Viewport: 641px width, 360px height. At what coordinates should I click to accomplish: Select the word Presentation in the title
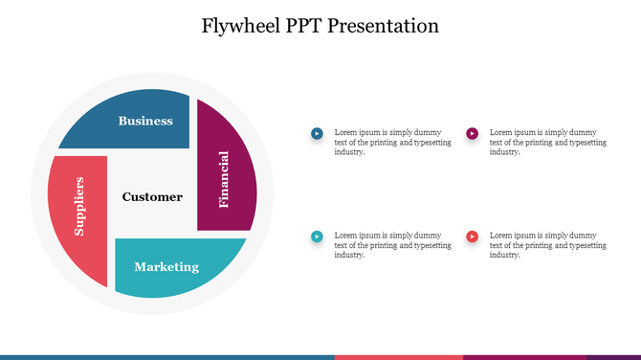click(x=384, y=26)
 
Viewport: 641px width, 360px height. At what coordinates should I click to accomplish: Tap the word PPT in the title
click(x=304, y=26)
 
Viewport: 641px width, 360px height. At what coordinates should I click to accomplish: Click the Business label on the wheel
click(x=145, y=121)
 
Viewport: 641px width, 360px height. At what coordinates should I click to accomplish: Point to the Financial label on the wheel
click(x=224, y=179)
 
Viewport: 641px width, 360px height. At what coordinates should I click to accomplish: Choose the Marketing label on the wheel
click(x=166, y=267)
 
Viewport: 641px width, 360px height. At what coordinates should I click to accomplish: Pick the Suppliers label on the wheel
click(x=80, y=206)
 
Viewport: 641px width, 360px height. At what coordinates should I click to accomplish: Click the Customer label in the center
click(x=152, y=197)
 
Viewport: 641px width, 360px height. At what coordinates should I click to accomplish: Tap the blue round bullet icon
click(x=317, y=133)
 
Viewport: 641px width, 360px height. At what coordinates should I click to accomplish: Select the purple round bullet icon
click(x=472, y=133)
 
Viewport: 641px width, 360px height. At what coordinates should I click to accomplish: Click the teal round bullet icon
click(x=317, y=236)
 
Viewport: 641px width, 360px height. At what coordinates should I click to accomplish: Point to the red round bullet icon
click(x=472, y=236)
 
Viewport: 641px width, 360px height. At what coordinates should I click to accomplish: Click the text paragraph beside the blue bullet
click(x=390, y=142)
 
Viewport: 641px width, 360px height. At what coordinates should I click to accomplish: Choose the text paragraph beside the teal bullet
click(x=390, y=245)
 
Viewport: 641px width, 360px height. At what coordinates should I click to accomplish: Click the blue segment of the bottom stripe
click(x=167, y=357)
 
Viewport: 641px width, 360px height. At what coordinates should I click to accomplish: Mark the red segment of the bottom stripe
click(x=398, y=357)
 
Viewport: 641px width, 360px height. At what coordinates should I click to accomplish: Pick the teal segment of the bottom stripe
click(x=613, y=357)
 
